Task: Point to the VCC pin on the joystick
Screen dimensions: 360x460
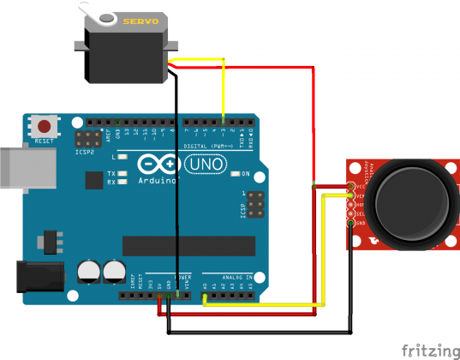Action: [x=351, y=186]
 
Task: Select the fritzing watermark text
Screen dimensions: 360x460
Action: [x=430, y=350]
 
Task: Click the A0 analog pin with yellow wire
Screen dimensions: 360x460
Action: [x=205, y=297]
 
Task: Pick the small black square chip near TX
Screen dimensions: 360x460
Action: [x=93, y=180]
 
